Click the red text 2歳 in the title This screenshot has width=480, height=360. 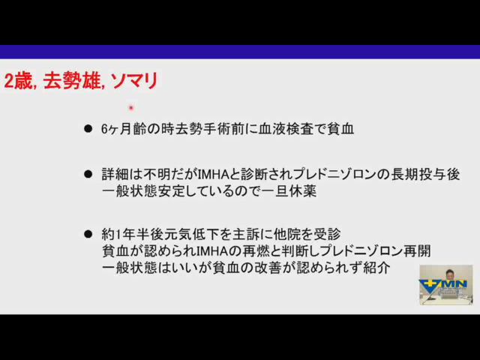18,81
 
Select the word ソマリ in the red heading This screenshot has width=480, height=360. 133,81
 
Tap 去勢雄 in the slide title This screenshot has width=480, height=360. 72,81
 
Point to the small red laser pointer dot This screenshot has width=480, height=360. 131,108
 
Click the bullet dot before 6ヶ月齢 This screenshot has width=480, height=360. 88,128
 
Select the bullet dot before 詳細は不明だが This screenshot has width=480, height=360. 88,175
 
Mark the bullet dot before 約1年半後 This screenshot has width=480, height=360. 88,234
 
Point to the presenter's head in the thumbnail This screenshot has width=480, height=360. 448,274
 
